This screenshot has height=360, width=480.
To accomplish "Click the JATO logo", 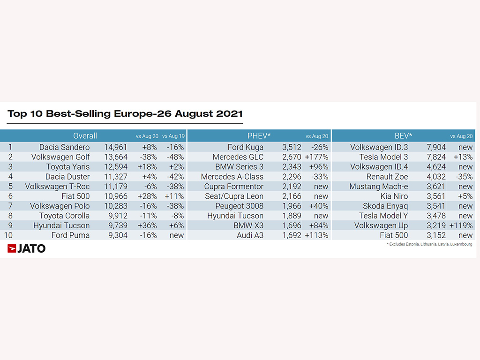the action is (x=26, y=248).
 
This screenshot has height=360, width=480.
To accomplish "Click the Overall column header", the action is (x=85, y=135).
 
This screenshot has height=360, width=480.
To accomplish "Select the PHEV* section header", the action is (x=259, y=135).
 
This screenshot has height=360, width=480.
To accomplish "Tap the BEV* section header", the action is (x=404, y=135).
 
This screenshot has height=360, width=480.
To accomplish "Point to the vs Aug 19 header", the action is (x=173, y=136).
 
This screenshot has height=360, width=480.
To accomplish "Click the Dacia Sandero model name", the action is (x=64, y=147).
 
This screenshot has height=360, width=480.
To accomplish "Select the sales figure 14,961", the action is (x=115, y=147).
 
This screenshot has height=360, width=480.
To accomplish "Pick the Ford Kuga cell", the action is (x=245, y=147).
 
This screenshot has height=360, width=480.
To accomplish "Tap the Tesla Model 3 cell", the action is (x=383, y=157).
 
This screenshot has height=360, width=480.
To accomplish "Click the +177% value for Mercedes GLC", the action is (x=316, y=157).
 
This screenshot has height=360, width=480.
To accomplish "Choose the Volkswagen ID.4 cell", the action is (x=379, y=167).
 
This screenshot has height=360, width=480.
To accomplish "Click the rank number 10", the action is (x=8, y=235).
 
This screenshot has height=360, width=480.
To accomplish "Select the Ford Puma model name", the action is (x=70, y=235).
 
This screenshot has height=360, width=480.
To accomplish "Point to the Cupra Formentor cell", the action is (x=233, y=187).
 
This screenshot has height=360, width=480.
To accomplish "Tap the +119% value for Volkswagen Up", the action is (x=461, y=225).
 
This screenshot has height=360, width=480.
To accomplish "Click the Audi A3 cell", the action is (x=250, y=235).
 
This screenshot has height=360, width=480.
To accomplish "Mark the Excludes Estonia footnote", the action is (x=429, y=244).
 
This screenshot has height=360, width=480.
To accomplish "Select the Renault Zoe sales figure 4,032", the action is (x=436, y=177).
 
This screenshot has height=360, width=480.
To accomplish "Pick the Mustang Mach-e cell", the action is (x=378, y=187).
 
